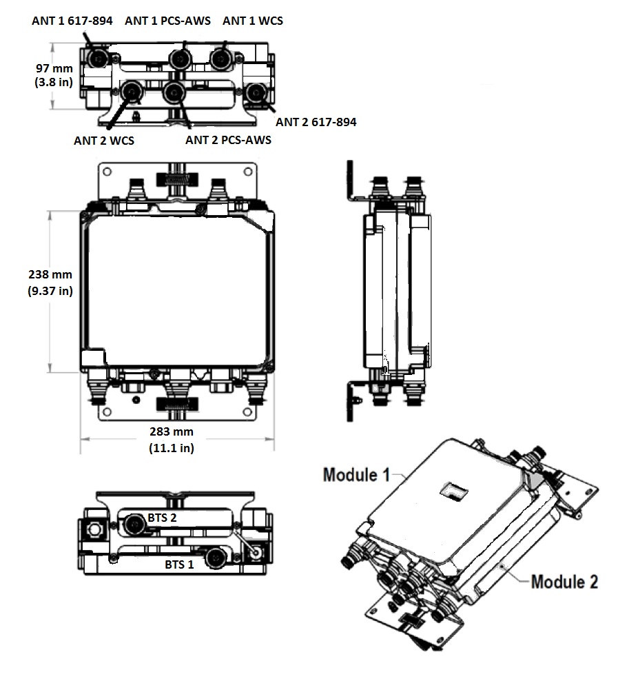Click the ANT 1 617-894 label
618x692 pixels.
point(72,21)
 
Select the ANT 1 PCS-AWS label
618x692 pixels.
point(168,21)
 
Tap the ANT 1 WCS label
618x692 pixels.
point(252,21)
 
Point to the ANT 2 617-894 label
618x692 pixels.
point(316,123)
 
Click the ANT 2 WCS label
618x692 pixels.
point(104,141)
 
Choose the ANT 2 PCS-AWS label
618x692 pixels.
point(228,140)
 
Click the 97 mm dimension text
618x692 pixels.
point(54,68)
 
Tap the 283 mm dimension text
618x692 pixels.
point(172,432)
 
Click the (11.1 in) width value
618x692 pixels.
point(172,448)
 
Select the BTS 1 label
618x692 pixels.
point(178,564)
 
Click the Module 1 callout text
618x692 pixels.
point(356,474)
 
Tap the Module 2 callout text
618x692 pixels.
point(564,581)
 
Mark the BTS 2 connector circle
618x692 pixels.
point(134,526)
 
